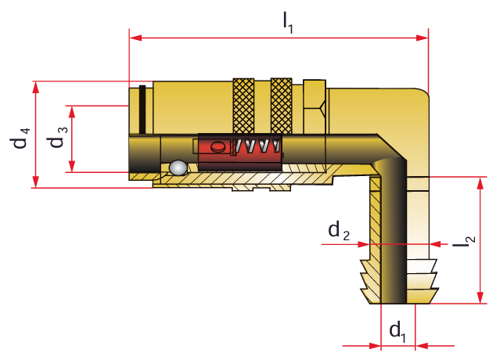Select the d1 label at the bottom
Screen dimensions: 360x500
pos(397,331)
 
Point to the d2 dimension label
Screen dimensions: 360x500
pos(339,231)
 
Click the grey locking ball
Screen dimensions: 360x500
pos(178,167)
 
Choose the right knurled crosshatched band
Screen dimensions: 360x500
pos(280,106)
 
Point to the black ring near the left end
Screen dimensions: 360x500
pos(141,110)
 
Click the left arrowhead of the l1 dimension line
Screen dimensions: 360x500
pos(133,36)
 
